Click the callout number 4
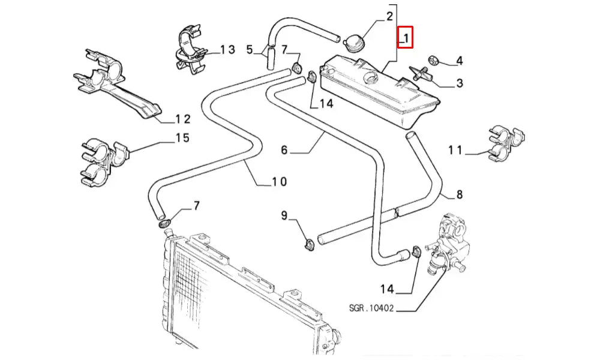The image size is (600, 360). (x=459, y=61)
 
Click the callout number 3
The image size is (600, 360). (x=459, y=83)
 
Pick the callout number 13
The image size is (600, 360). (x=227, y=49)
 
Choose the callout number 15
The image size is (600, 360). (x=182, y=139)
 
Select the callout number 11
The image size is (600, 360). (x=455, y=150)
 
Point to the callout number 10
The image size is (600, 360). (x=279, y=181)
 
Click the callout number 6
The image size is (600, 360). (x=284, y=150)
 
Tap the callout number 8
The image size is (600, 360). (x=460, y=194)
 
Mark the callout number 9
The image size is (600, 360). (x=284, y=215)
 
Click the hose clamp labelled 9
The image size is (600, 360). (x=309, y=244)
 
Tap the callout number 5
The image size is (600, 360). (x=250, y=49)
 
